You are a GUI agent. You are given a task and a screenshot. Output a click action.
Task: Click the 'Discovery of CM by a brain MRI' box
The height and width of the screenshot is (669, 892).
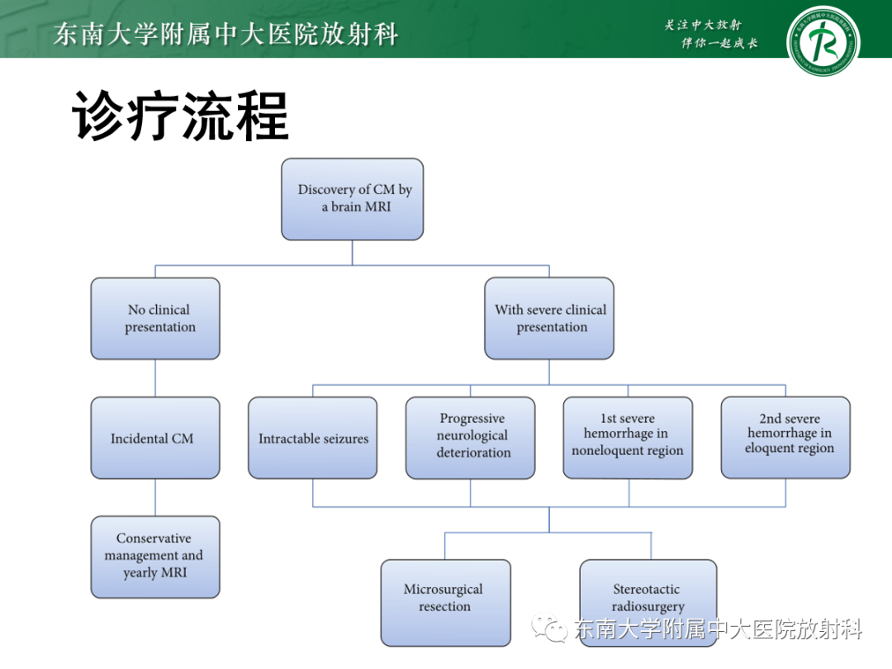point(352,199)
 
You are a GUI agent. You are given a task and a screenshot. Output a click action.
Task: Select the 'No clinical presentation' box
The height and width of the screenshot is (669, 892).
point(155,318)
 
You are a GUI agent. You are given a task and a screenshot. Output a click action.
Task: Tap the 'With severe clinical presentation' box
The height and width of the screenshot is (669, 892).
point(549,318)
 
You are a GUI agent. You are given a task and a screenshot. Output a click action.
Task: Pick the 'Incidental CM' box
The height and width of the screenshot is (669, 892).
point(155,438)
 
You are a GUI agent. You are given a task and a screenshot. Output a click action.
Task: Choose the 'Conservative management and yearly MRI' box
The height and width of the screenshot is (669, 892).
point(155,556)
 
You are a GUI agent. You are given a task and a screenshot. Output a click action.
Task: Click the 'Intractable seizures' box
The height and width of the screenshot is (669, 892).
point(312,438)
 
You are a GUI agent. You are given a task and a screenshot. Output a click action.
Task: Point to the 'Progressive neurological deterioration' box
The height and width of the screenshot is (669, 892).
point(471,438)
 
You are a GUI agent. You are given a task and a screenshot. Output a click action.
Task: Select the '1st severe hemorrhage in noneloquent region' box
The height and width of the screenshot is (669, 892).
point(628,438)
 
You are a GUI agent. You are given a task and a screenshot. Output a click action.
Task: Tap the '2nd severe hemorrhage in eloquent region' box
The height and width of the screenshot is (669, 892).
point(785,437)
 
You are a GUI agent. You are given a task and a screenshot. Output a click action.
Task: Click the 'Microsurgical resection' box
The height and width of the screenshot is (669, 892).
point(445,602)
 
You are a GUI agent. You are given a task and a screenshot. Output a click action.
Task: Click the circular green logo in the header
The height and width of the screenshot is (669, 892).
point(823,39)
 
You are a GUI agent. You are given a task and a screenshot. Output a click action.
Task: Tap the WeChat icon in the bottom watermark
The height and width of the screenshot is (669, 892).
point(549,629)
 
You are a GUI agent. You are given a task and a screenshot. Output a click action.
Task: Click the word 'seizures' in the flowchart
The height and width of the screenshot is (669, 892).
point(341,439)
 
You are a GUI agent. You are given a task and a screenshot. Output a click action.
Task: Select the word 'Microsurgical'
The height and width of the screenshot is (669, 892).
point(443,589)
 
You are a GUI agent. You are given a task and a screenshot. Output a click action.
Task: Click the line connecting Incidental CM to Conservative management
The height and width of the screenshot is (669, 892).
point(155,497)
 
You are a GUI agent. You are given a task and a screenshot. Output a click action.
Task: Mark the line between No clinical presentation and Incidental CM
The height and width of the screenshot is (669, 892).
point(155,378)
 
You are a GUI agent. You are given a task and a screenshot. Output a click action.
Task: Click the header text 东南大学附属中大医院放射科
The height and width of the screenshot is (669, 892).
point(225,34)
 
